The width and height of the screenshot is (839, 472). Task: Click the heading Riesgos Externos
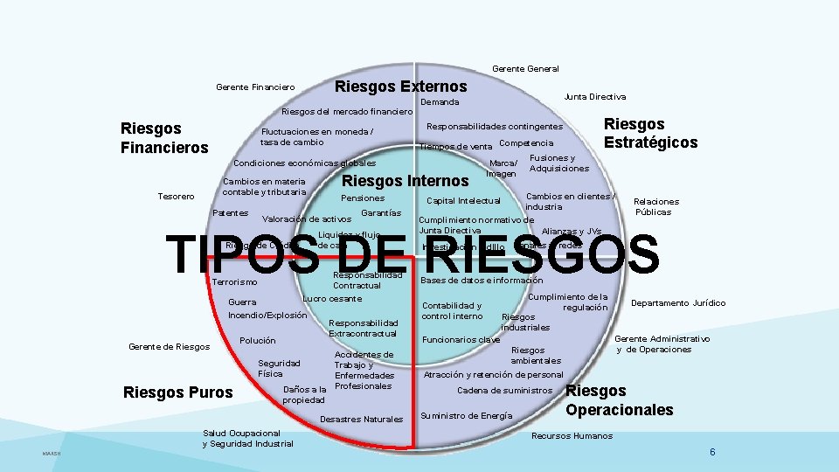point(401,87)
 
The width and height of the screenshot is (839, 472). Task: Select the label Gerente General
point(525,68)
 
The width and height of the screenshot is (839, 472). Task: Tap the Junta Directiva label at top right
point(595,96)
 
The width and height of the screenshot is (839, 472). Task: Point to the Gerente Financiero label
point(255,87)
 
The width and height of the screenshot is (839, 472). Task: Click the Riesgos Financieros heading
point(164,137)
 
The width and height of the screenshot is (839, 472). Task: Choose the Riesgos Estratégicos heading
point(650,133)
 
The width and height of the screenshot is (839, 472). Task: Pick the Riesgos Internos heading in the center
point(405,181)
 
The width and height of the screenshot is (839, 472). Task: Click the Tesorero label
point(177,196)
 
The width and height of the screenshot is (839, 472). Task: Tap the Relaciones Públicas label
point(655,206)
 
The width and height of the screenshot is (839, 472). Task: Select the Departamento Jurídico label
point(678,303)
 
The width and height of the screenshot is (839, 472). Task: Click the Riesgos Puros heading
point(178,392)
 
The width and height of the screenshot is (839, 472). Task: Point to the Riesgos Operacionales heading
point(620,399)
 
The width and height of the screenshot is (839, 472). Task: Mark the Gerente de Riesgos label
point(170,347)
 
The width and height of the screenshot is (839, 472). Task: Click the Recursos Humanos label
point(572,435)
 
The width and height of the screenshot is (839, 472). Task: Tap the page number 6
point(713,452)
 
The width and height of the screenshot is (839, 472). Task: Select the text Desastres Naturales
point(362,420)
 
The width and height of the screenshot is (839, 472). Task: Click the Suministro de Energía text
point(467,415)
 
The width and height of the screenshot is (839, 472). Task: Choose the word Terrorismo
point(235,281)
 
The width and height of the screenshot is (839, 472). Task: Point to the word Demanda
point(440,102)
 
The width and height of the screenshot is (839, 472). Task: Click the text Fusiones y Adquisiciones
point(559,163)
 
